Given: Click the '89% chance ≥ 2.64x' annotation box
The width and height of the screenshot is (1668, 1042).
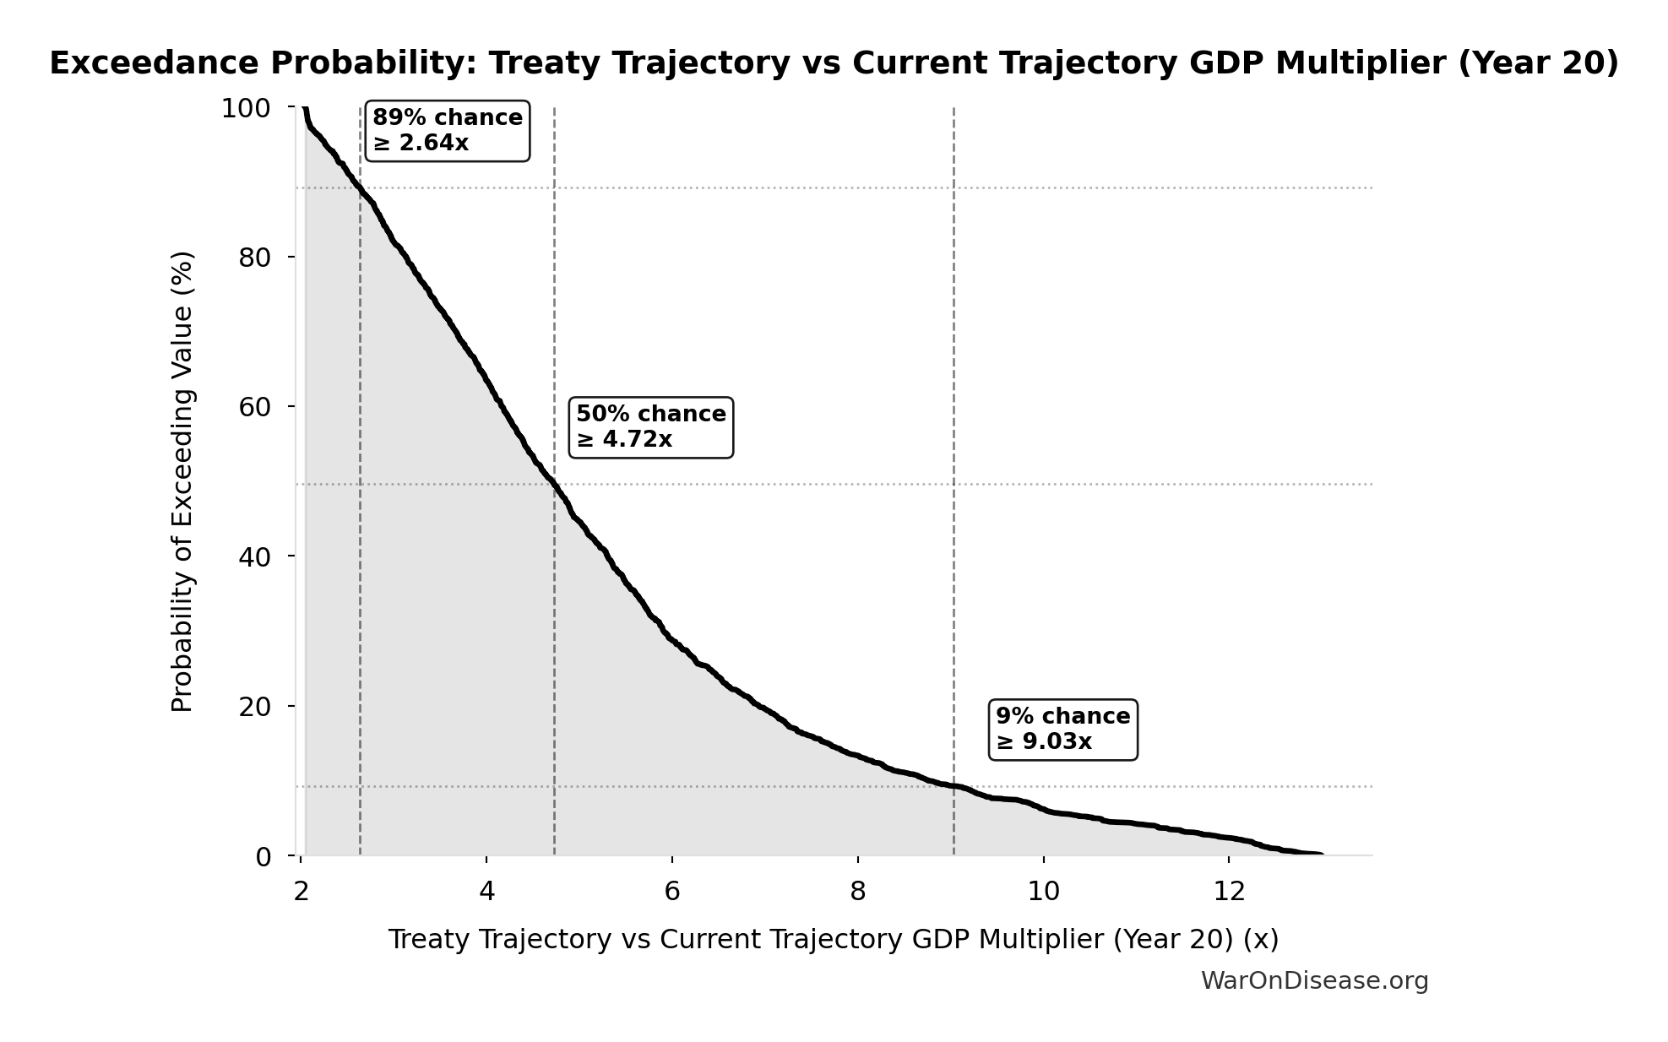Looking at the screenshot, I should (447, 131).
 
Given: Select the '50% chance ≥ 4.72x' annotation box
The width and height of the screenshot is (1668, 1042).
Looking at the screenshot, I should (650, 427).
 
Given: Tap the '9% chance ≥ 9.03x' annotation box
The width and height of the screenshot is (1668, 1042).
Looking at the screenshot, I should (1062, 730).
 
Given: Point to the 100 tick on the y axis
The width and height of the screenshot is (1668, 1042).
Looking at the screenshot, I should (245, 108).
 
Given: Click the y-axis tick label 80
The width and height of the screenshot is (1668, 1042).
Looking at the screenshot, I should (254, 258).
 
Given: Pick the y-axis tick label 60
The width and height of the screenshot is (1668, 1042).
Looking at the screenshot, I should (254, 407).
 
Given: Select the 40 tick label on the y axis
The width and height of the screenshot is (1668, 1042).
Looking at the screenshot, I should (254, 556).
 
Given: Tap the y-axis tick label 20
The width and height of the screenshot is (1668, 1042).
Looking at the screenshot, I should (254, 707).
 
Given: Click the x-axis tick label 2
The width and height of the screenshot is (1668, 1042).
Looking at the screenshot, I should (302, 892).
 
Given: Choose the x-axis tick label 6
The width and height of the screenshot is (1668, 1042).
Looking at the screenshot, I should (672, 892).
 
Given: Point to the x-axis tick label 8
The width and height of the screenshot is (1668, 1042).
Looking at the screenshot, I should (858, 892).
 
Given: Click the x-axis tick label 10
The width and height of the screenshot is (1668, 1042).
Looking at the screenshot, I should (1043, 892).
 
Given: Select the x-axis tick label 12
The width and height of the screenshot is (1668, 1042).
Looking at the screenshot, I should (1229, 892).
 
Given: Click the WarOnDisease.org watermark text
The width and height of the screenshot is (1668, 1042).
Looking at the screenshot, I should (1314, 981).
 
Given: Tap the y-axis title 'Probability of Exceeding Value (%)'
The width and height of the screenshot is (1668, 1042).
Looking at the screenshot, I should (182, 481).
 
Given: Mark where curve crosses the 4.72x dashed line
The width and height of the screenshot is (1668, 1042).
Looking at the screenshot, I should (554, 484).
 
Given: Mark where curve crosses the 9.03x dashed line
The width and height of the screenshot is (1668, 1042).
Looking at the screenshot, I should (954, 786).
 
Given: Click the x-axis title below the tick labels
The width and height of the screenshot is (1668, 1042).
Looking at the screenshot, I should (833, 940).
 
